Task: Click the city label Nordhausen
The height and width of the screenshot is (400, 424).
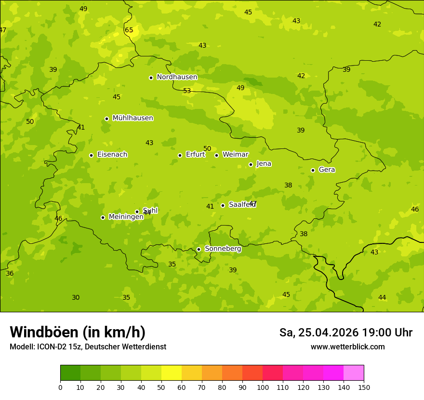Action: [x=177, y=77]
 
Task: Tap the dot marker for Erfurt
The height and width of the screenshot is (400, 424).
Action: [x=180, y=155]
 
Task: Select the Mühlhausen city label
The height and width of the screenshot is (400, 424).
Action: [x=132, y=118]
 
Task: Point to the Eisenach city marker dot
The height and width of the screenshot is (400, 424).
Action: [x=91, y=155]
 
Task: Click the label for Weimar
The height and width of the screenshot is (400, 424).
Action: [x=235, y=155]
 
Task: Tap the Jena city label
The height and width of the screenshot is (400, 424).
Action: [x=264, y=164]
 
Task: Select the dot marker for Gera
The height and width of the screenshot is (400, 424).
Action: [x=313, y=170]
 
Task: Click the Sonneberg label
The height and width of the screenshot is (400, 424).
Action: [x=223, y=249]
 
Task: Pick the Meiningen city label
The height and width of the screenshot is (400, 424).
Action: [x=126, y=217]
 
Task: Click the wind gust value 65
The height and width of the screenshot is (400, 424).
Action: [x=129, y=30]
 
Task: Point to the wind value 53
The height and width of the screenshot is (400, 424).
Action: [x=187, y=91]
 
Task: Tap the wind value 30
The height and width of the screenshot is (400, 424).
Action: [x=76, y=297]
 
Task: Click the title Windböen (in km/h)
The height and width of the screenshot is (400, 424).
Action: [x=78, y=332]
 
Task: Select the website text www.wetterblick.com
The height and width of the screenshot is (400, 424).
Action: [x=347, y=347]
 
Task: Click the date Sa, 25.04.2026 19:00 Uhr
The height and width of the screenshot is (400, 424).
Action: [x=345, y=333]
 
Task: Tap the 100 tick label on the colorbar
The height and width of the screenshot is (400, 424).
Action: [x=263, y=387]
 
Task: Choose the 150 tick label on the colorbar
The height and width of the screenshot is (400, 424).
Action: [x=364, y=387]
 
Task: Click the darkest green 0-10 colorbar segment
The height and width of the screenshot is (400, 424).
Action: [x=70, y=373]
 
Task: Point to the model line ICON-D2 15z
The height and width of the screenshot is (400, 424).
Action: [x=88, y=347]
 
